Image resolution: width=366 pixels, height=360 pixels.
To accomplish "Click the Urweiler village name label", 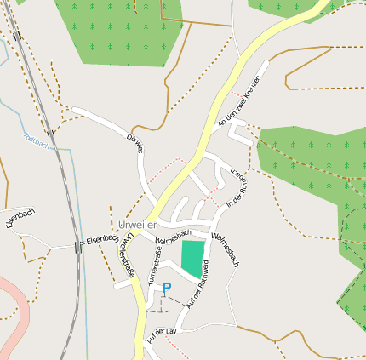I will [137, 225].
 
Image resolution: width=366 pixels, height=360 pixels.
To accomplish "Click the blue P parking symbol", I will [167, 289].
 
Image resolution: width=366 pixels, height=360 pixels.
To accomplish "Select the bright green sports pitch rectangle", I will [193, 257].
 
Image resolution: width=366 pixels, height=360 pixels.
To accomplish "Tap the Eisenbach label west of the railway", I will [18, 220].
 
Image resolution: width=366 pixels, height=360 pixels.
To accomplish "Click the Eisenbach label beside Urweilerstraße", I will [102, 240].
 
